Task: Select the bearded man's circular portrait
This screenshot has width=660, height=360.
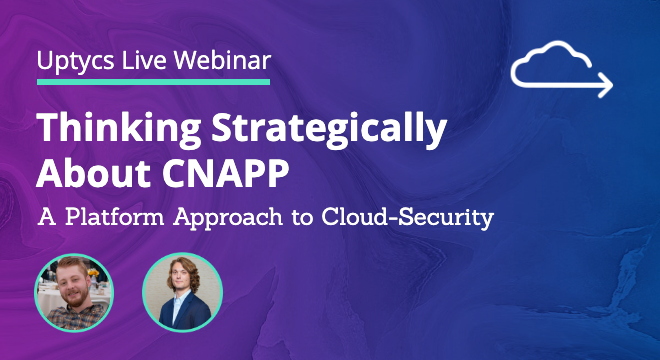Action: tap(74, 292)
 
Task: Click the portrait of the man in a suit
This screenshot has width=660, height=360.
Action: tap(182, 292)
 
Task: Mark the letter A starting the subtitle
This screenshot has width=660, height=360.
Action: tap(46, 215)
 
